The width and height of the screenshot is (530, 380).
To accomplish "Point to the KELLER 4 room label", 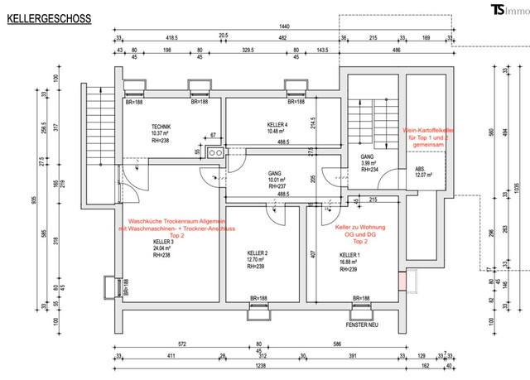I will [x=255, y=124].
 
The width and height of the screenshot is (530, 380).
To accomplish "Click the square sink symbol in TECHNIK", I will [x=214, y=152].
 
